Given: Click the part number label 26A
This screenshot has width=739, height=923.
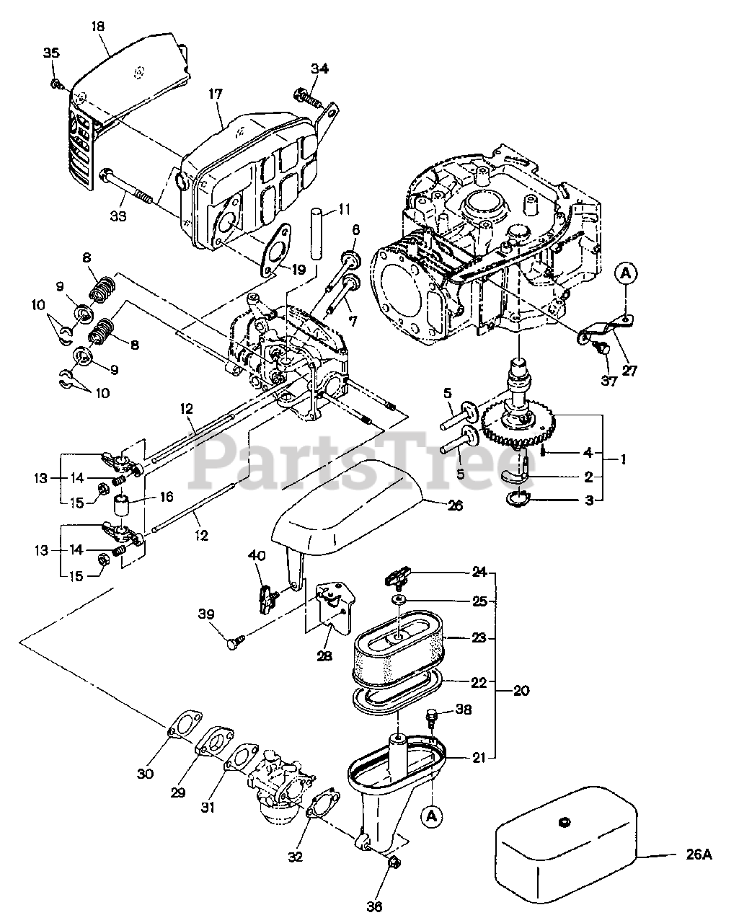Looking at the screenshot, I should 698,855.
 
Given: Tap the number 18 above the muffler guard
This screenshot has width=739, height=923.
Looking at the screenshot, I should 98,26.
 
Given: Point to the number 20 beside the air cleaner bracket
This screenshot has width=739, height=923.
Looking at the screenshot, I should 521,690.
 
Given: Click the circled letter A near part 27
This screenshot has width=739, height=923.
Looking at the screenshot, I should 626,273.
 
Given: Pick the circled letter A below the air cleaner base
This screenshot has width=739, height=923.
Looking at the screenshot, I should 432,816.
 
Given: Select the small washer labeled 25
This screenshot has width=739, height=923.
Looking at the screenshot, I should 399,600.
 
